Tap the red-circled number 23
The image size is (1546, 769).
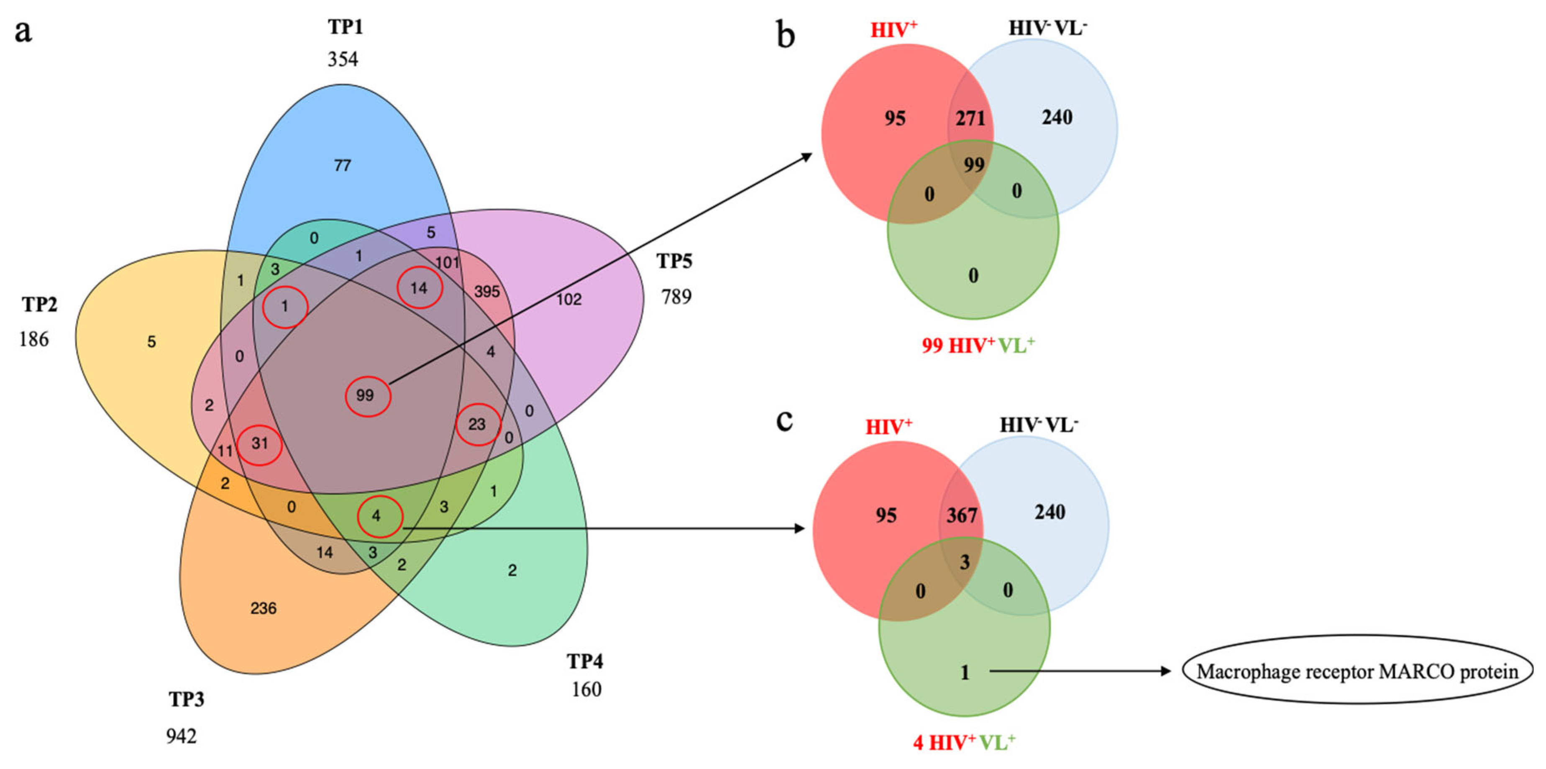[x=477, y=424]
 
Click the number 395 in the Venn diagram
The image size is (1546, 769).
[x=487, y=292]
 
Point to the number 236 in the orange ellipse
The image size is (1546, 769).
[x=264, y=609]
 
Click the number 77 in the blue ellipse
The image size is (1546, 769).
[x=342, y=165]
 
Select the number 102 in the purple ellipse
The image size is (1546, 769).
[x=568, y=299]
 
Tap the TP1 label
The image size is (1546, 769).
[x=345, y=27]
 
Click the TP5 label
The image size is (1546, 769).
[x=674, y=261]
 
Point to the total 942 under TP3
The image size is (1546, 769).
[x=181, y=736]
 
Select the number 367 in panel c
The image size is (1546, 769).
[x=962, y=515]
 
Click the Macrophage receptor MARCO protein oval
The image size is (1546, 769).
[x=1357, y=671]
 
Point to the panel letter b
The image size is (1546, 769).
[x=786, y=35]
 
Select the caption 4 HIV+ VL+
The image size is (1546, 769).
[x=964, y=743]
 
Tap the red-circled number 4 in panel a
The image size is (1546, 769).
[x=376, y=516]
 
